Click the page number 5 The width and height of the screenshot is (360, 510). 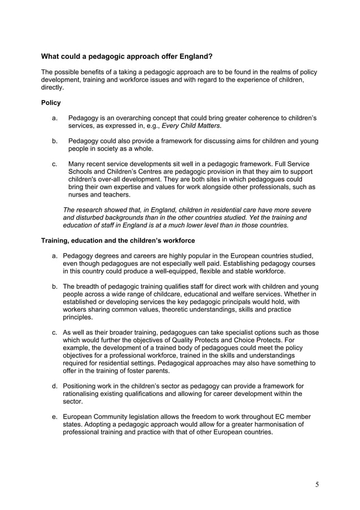click(317, 484)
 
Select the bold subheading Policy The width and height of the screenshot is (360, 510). click(51, 103)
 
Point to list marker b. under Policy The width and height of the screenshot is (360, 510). click(55, 141)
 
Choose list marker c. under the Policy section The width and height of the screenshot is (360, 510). click(55, 164)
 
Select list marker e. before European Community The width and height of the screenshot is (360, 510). click(55, 416)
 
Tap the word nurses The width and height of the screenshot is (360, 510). click(79, 194)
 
